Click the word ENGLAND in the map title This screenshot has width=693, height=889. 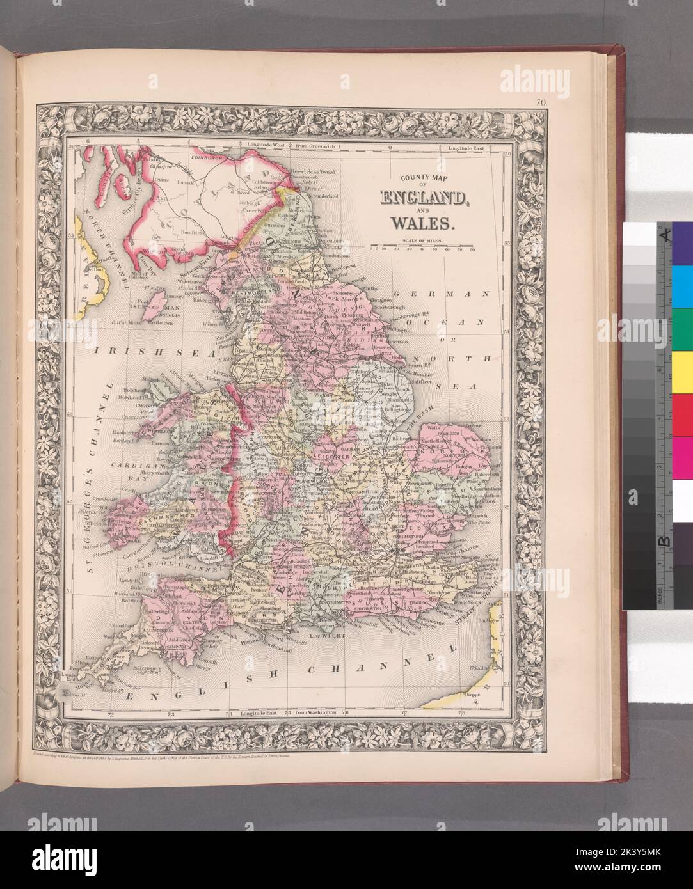click(x=423, y=198)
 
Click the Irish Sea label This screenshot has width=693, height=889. click(x=128, y=352)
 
